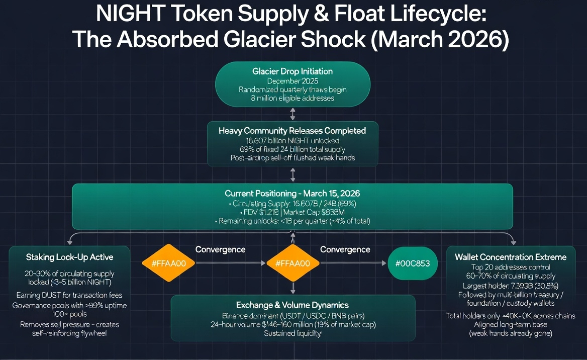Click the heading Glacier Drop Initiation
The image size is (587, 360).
click(x=292, y=71)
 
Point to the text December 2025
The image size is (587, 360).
click(x=292, y=80)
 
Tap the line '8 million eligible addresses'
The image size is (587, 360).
click(x=292, y=99)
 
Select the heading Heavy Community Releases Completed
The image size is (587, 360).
click(x=292, y=131)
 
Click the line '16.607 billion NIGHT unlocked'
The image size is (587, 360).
click(x=292, y=140)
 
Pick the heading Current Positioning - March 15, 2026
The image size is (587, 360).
click(x=292, y=194)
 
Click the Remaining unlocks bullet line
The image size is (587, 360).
click(x=292, y=221)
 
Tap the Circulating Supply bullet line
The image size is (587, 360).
click(x=292, y=204)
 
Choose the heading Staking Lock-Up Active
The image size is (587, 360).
click(x=69, y=257)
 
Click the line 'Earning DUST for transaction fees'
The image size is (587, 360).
click(x=69, y=295)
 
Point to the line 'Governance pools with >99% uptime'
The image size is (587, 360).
click(x=69, y=306)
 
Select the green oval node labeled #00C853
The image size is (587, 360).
click(x=413, y=263)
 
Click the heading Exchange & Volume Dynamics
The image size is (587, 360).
click(x=292, y=305)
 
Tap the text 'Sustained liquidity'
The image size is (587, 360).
click(x=292, y=333)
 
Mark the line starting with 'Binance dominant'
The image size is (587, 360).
click(x=292, y=316)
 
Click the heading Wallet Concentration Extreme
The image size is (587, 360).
click(x=511, y=257)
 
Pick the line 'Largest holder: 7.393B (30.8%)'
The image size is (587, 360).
click(x=511, y=286)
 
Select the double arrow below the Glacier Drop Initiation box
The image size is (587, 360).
click(x=293, y=114)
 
